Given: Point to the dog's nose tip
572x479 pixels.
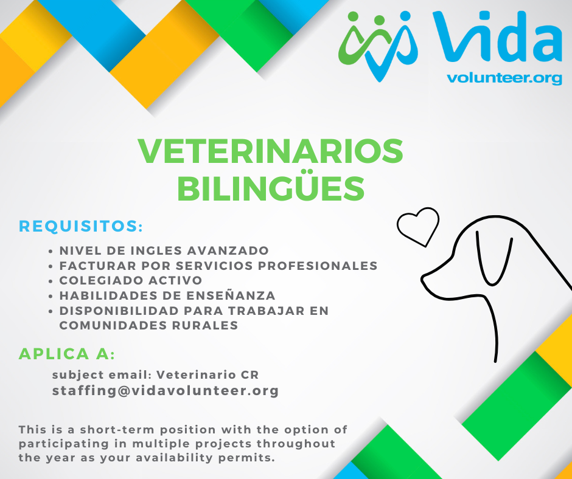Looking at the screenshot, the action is (423, 279).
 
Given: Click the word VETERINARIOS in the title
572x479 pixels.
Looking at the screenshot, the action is (270, 151).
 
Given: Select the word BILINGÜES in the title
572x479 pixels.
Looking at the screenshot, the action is (271, 188).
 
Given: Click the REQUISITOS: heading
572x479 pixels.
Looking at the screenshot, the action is (80, 226).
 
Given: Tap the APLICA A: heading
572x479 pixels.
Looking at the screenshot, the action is (67, 354).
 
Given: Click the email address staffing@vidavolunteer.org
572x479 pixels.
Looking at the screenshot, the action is (166, 391).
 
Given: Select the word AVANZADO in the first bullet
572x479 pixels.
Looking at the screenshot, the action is (228, 251).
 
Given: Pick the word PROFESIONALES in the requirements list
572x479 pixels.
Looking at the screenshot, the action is (318, 266).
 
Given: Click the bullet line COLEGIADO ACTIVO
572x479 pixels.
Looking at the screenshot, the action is (131, 280).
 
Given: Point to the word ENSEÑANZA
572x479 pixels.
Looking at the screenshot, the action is (231, 295).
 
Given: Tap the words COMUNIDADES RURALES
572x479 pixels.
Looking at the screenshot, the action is (148, 325).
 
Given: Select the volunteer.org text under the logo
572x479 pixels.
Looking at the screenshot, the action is (504, 78).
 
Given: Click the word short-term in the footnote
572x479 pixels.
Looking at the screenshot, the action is (117, 430).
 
